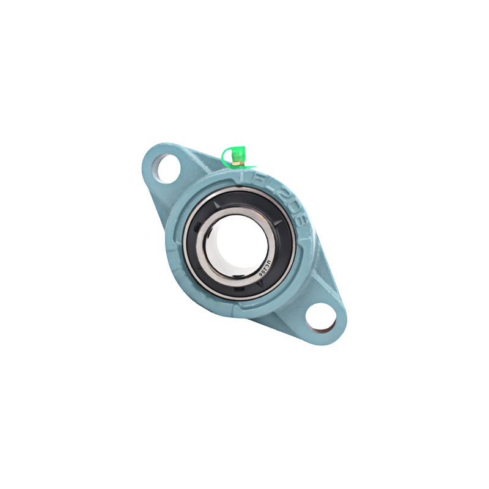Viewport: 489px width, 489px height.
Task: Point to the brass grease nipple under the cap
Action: [x=240, y=165]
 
